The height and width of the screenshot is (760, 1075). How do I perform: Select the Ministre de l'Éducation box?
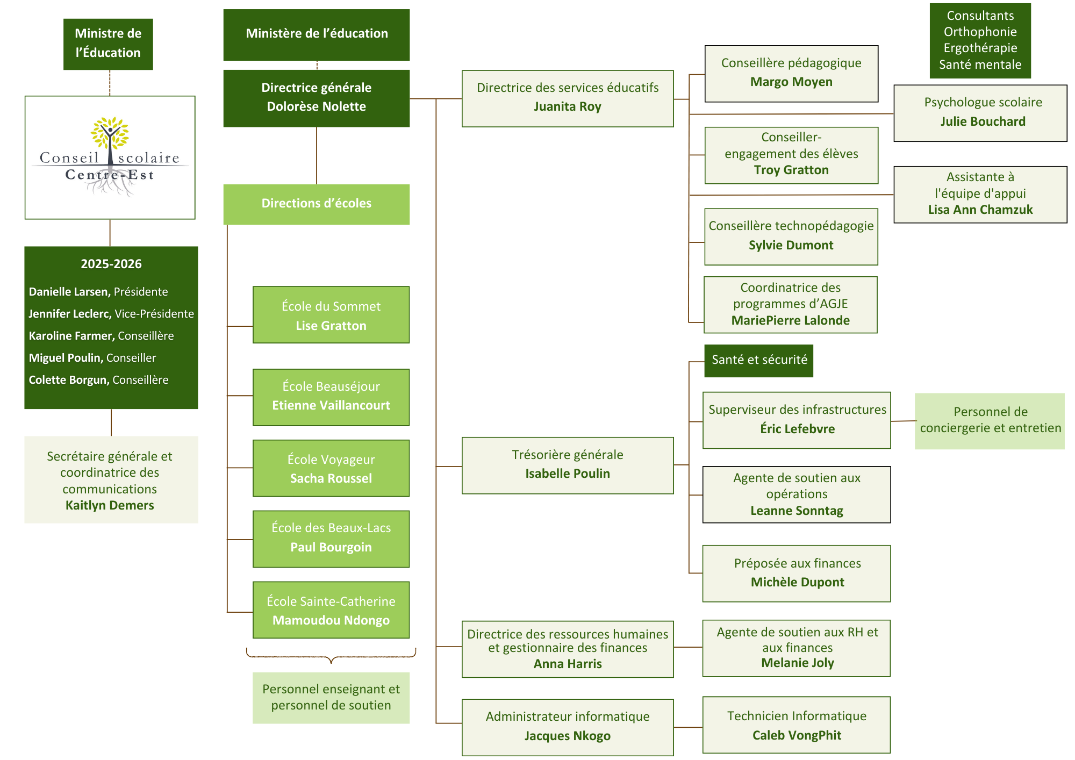point(108,44)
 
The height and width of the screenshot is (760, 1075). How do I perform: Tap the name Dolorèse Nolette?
point(317,106)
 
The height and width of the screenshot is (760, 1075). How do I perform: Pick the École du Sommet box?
point(331,315)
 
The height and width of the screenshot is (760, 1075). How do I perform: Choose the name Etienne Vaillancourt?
point(331,405)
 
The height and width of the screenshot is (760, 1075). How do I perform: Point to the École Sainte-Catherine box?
point(331,610)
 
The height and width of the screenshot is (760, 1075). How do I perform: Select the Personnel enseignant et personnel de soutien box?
point(331,698)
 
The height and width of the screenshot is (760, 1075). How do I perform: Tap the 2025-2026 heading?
point(111,264)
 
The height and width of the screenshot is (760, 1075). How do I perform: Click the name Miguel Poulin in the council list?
point(64,358)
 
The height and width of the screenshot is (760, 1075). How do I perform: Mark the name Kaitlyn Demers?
point(110,505)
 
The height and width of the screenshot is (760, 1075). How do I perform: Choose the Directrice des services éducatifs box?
point(568,98)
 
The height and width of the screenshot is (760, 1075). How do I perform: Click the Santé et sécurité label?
point(759,361)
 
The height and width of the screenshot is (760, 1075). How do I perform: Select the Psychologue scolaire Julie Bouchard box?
point(980,113)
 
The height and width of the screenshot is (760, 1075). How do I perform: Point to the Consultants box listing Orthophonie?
point(980,40)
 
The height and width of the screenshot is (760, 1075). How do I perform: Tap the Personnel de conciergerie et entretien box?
point(990,421)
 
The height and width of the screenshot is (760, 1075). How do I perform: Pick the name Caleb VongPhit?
point(797,735)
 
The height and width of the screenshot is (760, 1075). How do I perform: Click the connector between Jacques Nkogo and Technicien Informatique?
point(688,727)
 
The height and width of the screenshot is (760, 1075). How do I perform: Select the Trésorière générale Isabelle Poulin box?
point(568,465)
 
